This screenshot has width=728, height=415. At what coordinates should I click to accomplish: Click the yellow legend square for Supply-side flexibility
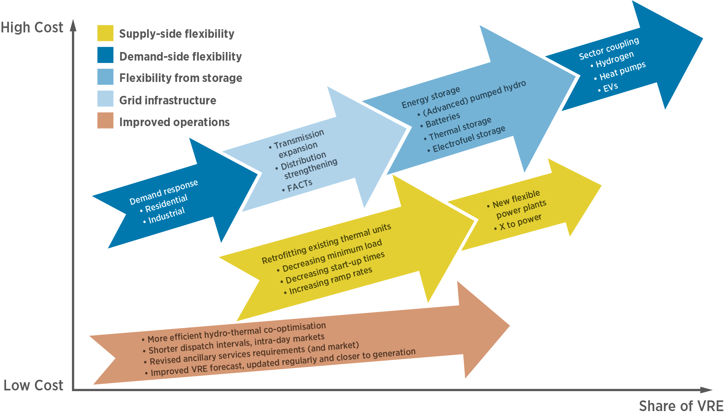105,33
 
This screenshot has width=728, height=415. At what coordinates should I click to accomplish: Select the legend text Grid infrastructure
167,100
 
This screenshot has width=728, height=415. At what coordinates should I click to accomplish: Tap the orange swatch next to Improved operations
105,120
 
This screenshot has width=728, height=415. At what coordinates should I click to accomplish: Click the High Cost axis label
32,27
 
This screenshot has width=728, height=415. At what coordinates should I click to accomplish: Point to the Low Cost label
33,385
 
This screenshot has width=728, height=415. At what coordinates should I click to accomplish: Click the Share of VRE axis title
681,406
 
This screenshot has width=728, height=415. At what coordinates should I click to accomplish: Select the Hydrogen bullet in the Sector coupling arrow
614,59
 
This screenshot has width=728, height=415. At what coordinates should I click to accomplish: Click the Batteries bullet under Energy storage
442,120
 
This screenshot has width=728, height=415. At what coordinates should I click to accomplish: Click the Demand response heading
163,192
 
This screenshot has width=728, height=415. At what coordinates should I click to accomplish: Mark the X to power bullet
520,222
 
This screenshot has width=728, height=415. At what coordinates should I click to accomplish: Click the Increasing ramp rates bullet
330,281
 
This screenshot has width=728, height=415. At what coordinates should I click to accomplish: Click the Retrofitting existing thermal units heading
326,244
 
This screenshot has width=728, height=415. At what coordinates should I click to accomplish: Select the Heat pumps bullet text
622,71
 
